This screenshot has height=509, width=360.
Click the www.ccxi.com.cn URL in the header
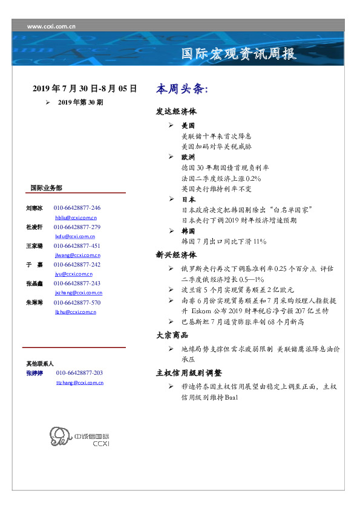(x=51, y=26)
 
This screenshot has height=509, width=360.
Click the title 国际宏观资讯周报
(x=240, y=54)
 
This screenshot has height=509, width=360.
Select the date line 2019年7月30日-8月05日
(x=85, y=88)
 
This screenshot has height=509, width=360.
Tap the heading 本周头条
(x=182, y=89)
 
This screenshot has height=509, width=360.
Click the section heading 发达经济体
(x=176, y=112)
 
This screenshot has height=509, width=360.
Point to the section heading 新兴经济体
(x=176, y=254)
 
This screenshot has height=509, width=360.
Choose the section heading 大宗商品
(x=172, y=334)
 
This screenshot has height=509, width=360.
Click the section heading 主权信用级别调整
(x=189, y=372)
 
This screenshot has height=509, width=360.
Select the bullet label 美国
(x=188, y=126)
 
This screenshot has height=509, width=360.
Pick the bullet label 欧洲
(x=188, y=157)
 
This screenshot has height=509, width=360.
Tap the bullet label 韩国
(x=188, y=231)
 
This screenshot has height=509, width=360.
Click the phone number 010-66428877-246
(x=77, y=207)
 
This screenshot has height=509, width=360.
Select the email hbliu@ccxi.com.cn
(x=76, y=217)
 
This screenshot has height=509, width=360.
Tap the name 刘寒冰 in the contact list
(x=34, y=207)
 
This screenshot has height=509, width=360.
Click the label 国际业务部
(x=46, y=187)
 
